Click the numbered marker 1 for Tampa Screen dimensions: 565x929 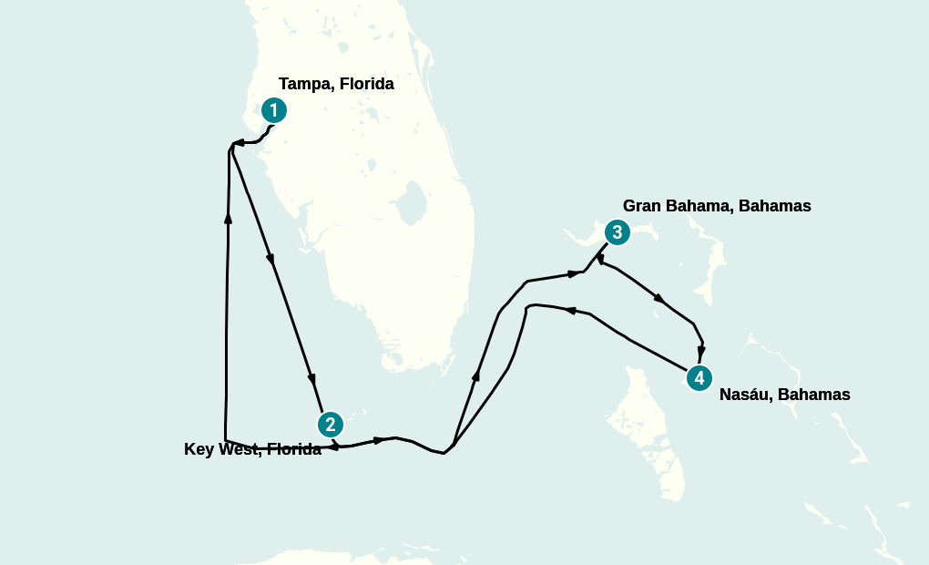pyautogui.click(x=273, y=110)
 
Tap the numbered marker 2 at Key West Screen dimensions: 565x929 pyautogui.click(x=330, y=424)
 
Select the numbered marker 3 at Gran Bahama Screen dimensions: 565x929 pyautogui.click(x=617, y=232)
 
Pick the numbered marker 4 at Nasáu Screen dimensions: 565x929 pyautogui.click(x=699, y=377)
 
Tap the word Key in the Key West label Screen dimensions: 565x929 pyautogui.click(x=198, y=449)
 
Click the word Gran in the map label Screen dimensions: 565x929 pyautogui.click(x=642, y=206)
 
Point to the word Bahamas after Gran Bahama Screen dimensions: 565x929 pyautogui.click(x=774, y=206)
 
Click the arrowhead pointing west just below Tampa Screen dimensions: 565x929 pyautogui.click(x=240, y=142)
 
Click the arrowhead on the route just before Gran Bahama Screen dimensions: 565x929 pyautogui.click(x=574, y=272)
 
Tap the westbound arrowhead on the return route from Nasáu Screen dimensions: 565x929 pyautogui.click(x=571, y=310)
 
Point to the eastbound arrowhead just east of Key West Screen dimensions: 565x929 pyautogui.click(x=378, y=440)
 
